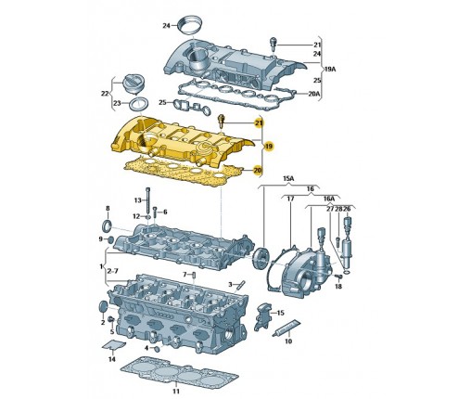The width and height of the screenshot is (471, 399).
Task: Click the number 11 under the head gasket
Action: click(176, 392)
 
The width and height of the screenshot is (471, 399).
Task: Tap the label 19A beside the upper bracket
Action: click(330, 69)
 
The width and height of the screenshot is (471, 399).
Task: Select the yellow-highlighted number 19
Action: click(269, 146)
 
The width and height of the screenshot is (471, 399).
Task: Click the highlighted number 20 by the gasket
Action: click(257, 170)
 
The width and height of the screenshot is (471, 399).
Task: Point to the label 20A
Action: click(314, 93)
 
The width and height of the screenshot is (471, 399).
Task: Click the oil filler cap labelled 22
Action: click(134, 84)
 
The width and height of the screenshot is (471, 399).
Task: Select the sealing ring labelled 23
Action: click(139, 104)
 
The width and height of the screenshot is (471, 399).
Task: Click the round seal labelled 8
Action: click(108, 226)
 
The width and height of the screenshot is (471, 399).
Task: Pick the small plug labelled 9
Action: click(110, 239)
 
